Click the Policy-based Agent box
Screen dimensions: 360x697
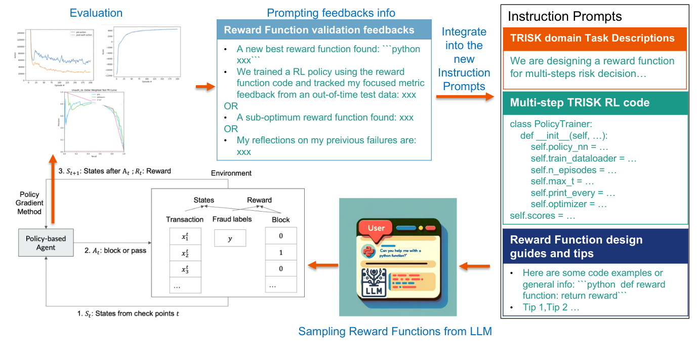tap(46, 243)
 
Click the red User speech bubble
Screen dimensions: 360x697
tap(376, 228)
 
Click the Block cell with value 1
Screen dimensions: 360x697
tap(281, 252)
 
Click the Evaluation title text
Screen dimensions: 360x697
tap(96, 13)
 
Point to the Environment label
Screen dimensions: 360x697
tap(231, 173)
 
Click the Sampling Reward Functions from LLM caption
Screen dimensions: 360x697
tap(395, 332)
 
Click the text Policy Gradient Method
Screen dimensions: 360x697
tap(29, 203)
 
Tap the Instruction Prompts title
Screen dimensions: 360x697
tap(564, 16)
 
